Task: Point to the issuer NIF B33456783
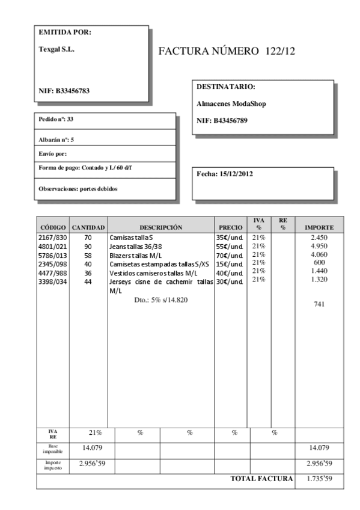coord(65,91)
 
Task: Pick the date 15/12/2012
coord(225,174)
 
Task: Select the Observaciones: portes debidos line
coord(78,188)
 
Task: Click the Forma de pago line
coord(85,166)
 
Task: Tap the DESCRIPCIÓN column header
coord(160,227)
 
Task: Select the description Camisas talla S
coord(131,238)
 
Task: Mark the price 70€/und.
coord(230,255)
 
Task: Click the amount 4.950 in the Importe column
coord(319,247)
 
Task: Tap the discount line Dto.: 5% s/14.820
coord(160,299)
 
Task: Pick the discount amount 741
coord(319,304)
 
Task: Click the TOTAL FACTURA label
coord(261,479)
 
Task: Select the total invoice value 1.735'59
coord(319,479)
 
